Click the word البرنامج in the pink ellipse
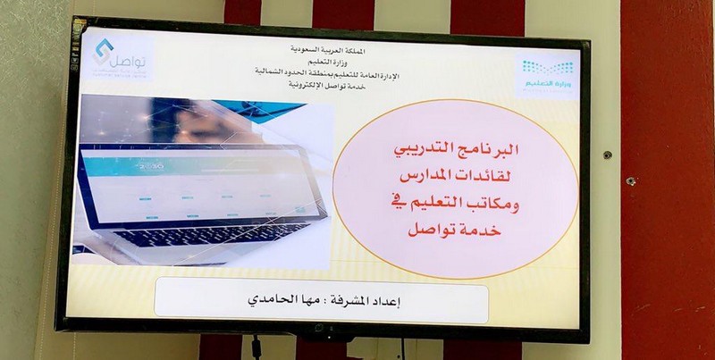pos(501,153)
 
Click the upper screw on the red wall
pos(608,155)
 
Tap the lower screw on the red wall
pos(630,181)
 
